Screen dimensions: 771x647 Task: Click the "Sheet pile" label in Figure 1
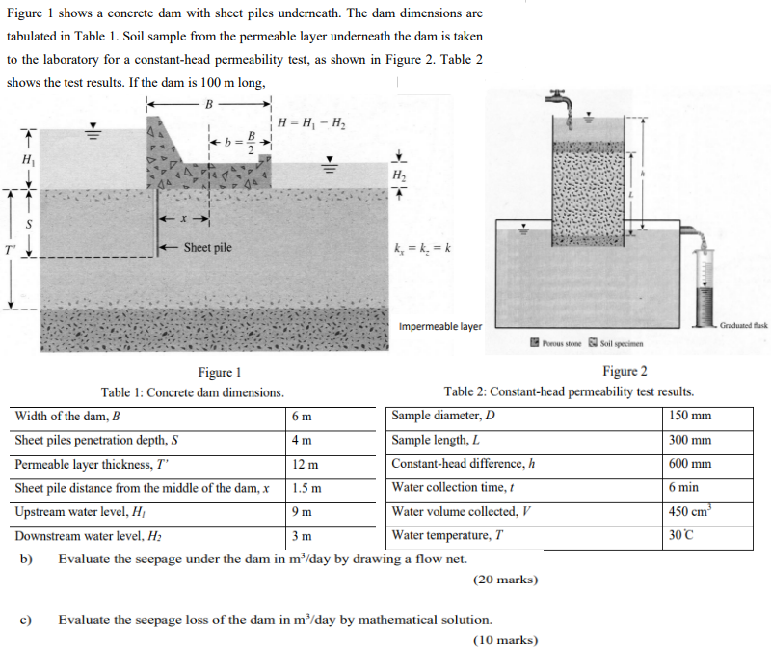(x=207, y=248)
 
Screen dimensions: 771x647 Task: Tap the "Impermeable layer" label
(x=440, y=326)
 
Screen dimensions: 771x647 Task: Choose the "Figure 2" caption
(x=625, y=371)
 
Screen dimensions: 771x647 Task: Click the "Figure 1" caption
(x=219, y=373)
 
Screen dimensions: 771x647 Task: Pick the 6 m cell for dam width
(x=301, y=418)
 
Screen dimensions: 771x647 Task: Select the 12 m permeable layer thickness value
(x=305, y=465)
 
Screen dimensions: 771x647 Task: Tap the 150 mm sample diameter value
(x=690, y=417)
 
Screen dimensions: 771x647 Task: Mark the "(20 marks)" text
(x=505, y=580)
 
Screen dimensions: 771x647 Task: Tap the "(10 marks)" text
(x=505, y=638)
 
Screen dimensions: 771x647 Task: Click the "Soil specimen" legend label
(x=621, y=343)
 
